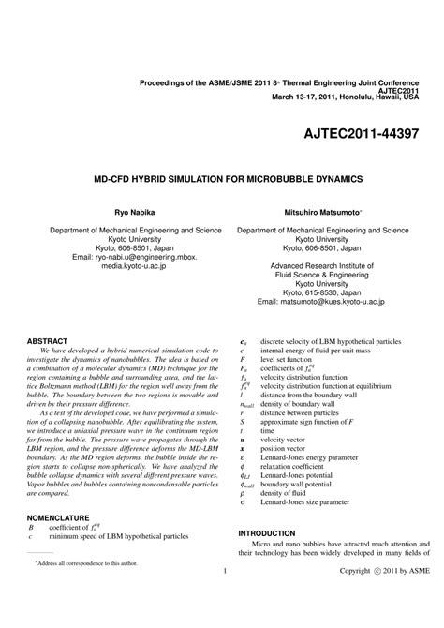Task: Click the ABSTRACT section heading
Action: coord(48,340)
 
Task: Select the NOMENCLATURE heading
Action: coord(58,516)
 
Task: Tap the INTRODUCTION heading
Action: coord(267,559)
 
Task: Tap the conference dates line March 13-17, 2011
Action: coord(345,96)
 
